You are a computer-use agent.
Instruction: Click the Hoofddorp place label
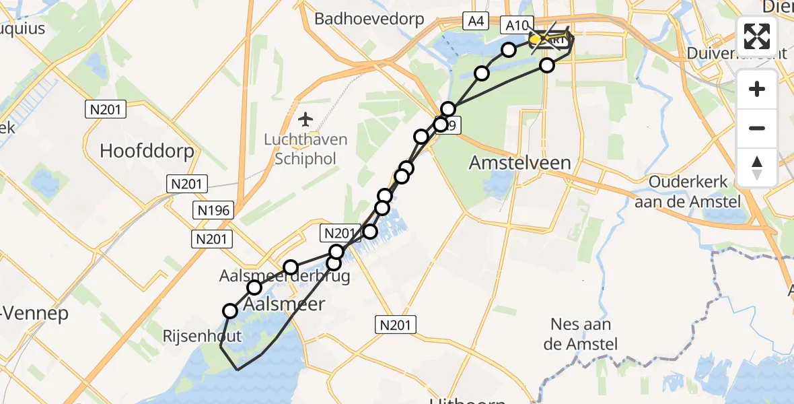[147, 151]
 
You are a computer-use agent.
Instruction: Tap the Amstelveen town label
[520, 162]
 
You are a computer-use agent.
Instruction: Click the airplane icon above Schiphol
[305, 119]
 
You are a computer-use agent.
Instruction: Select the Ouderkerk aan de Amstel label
[694, 191]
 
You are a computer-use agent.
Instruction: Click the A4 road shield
[475, 22]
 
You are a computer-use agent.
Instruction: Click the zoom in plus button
[757, 89]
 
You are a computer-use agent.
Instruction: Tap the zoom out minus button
[757, 128]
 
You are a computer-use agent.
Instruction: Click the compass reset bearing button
[757, 167]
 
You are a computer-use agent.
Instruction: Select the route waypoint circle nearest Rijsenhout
[230, 310]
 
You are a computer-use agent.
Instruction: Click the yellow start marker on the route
[536, 40]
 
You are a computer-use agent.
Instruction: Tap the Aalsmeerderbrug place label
[285, 276]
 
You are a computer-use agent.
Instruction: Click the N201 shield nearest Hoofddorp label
[106, 109]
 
